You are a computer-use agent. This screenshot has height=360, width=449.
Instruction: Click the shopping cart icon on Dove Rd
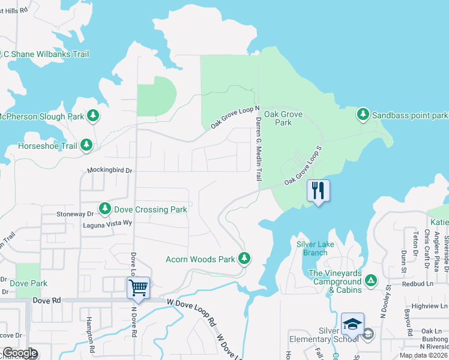point(138,288)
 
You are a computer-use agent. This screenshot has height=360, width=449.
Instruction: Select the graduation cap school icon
point(352,325)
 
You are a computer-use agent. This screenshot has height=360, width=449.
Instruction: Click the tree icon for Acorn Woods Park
point(244,259)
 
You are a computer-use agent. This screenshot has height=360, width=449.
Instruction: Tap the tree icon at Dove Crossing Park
point(105,208)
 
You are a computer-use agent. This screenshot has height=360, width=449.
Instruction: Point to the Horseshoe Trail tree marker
point(87,145)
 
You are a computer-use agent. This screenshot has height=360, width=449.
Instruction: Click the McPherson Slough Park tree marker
point(93,115)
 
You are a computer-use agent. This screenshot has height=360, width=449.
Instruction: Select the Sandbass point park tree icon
point(363,114)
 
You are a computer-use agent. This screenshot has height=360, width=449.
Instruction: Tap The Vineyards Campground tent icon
point(371,281)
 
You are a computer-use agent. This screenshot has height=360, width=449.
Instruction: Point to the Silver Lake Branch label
point(312,248)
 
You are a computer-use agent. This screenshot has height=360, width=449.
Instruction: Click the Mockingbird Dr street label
point(109,170)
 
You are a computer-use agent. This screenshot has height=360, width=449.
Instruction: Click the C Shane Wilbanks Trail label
point(46,54)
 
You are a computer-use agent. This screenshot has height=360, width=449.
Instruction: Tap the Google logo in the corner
point(19,353)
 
